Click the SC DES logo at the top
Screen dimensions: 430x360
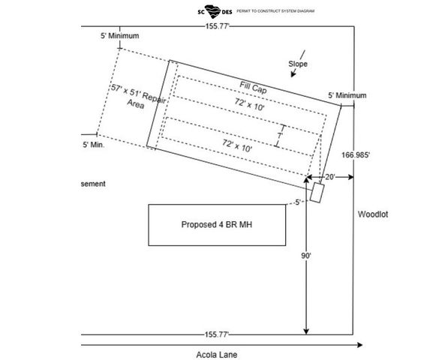(x=215, y=11)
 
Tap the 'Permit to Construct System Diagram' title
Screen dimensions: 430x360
(x=275, y=11)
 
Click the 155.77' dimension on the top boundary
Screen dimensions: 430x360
(x=217, y=26)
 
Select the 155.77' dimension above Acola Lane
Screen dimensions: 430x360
(x=217, y=334)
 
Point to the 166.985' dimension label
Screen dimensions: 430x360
(x=356, y=155)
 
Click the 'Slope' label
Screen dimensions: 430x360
(x=298, y=64)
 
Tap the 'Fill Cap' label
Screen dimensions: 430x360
(x=253, y=88)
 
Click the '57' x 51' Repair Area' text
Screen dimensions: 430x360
(x=137, y=97)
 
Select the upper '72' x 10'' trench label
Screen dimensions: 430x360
(x=250, y=105)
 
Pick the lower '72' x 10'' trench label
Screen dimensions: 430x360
(x=237, y=145)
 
